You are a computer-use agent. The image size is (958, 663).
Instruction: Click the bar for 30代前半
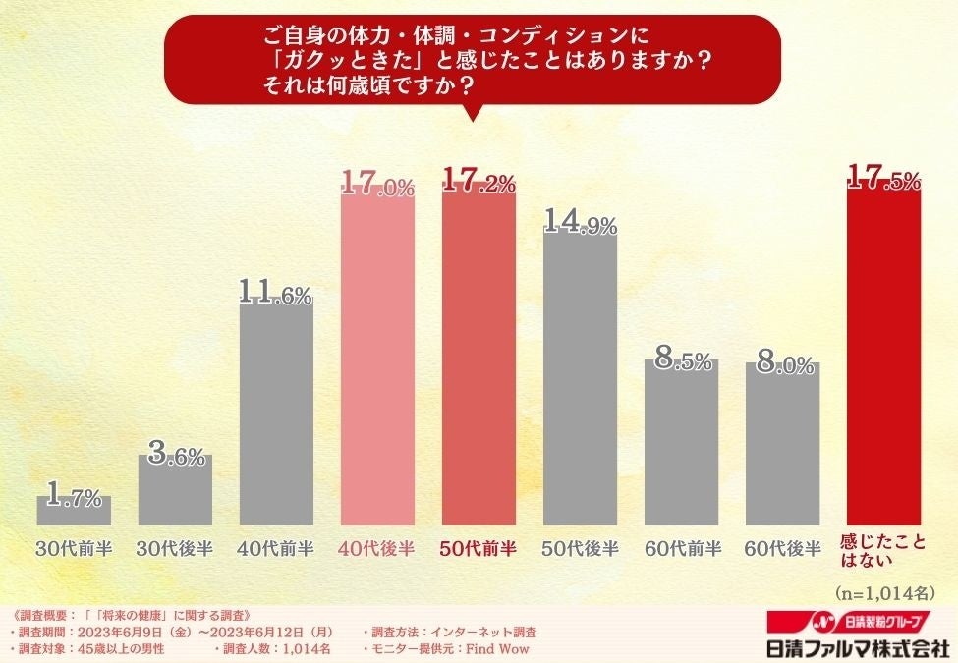click(x=74, y=512)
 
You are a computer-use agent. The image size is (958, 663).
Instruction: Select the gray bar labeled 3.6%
click(x=175, y=491)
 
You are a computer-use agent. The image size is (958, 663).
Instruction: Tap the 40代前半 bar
click(x=276, y=413)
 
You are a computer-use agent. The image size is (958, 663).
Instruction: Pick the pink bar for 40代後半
click(x=377, y=359)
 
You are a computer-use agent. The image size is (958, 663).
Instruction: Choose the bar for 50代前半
click(x=479, y=359)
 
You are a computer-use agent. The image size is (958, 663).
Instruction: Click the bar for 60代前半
click(x=681, y=442)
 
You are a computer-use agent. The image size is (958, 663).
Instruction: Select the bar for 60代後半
click(x=782, y=444)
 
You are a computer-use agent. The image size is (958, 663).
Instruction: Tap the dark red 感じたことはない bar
click(x=883, y=359)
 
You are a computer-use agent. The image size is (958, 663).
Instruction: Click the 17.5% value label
click(x=883, y=180)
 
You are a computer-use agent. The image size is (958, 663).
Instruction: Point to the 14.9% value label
click(x=580, y=222)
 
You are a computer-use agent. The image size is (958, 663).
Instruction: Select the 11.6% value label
click(x=276, y=293)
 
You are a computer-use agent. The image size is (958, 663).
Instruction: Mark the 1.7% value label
click(x=74, y=497)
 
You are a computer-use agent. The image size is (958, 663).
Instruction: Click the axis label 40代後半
click(x=377, y=548)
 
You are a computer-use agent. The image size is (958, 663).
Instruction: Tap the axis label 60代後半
click(x=782, y=548)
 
